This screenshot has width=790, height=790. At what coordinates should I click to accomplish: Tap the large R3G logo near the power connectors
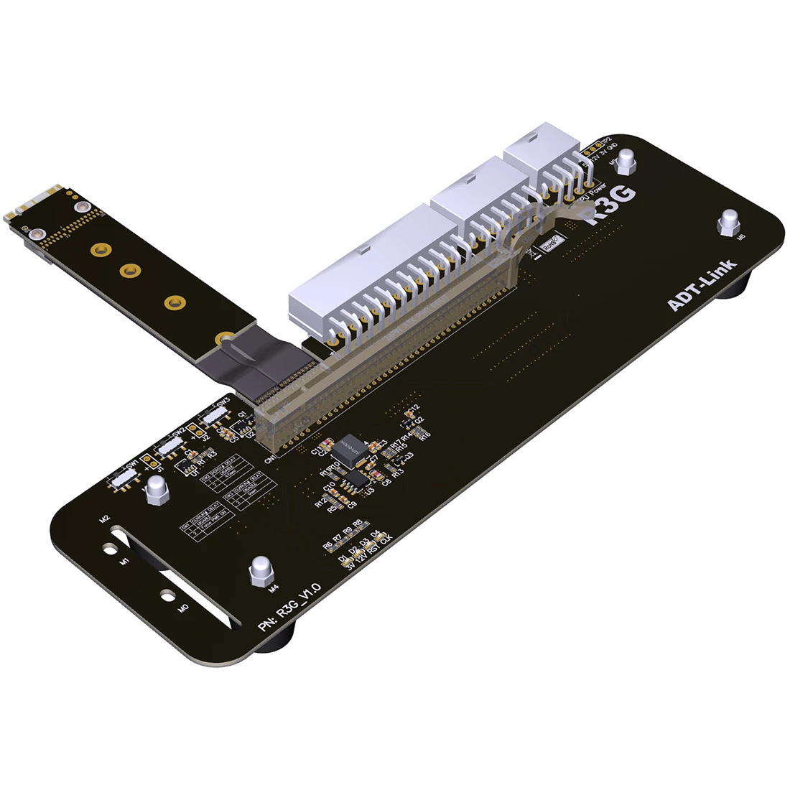click(x=613, y=206)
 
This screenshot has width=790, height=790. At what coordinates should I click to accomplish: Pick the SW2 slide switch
click(x=172, y=446)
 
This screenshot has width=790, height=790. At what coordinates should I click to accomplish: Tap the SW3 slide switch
click(x=213, y=416)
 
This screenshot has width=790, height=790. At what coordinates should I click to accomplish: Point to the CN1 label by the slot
click(x=271, y=457)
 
